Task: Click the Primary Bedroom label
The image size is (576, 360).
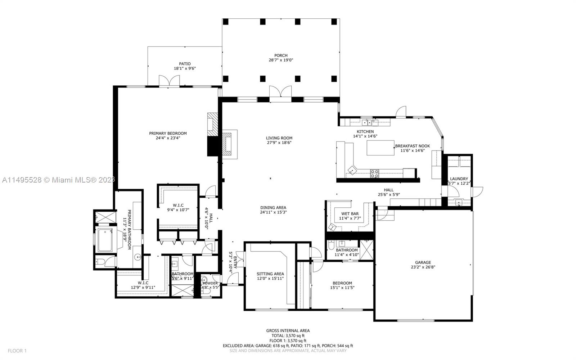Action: click(x=168, y=133)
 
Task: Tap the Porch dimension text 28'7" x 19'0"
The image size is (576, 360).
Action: click(x=281, y=60)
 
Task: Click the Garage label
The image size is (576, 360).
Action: click(x=423, y=262)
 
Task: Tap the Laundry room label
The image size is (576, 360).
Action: click(x=459, y=179)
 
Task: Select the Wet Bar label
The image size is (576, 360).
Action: click(x=350, y=213)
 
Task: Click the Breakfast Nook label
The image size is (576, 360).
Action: click(x=412, y=146)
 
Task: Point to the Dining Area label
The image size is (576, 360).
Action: click(x=273, y=207)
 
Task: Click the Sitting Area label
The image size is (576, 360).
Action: click(x=270, y=274)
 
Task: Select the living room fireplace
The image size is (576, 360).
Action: click(x=228, y=144)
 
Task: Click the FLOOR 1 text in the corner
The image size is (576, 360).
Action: click(x=17, y=351)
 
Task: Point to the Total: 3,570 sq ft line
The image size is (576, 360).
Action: click(x=288, y=336)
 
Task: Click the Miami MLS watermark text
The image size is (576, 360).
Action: click(x=58, y=180)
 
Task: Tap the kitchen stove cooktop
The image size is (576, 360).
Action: click(x=374, y=174)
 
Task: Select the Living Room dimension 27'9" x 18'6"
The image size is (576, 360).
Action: click(x=279, y=143)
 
